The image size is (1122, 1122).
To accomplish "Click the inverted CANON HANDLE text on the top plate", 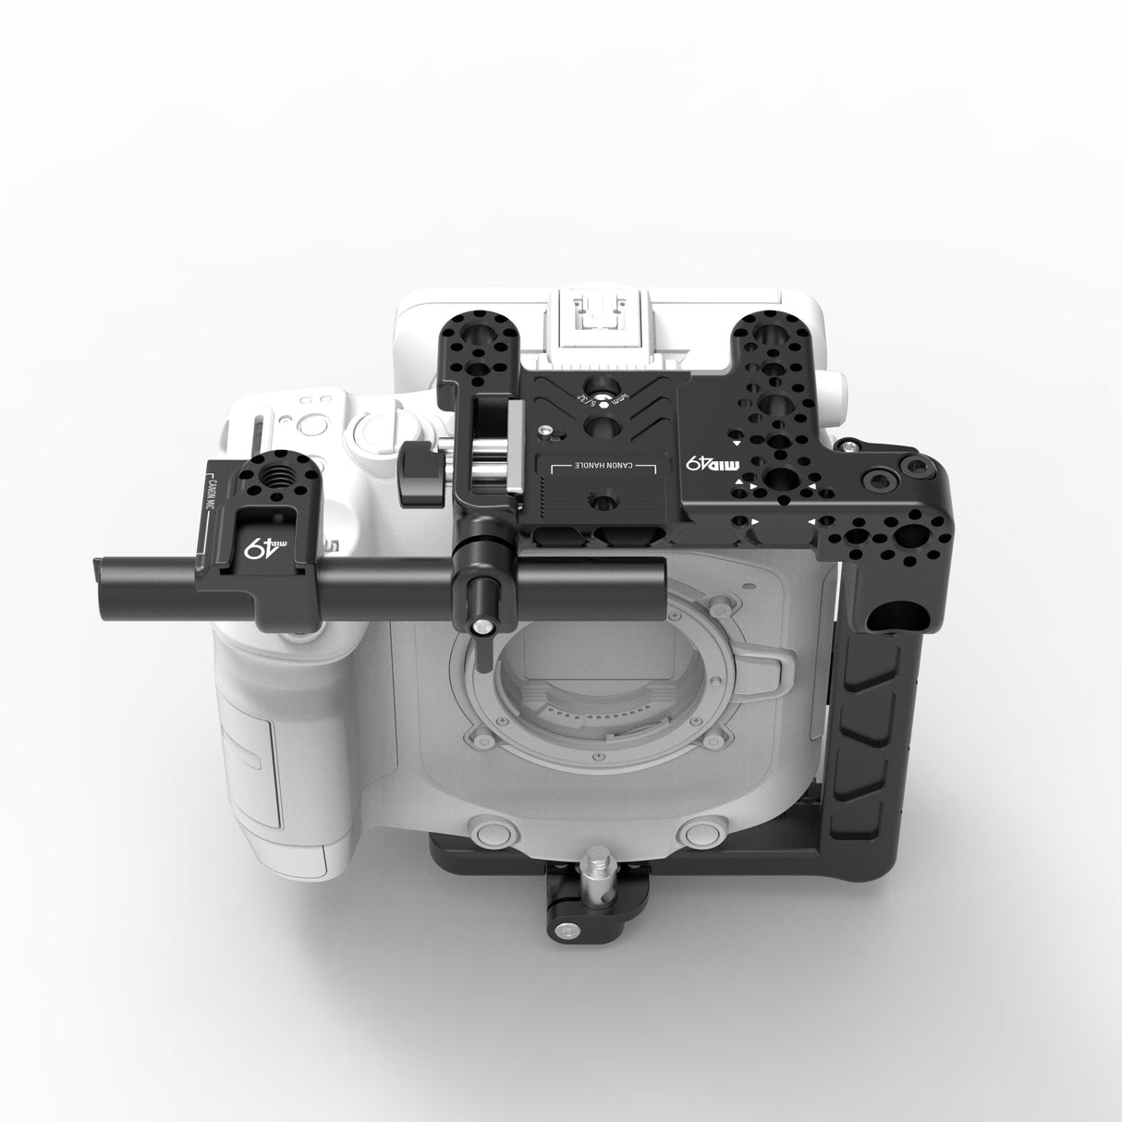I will [x=601, y=466].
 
